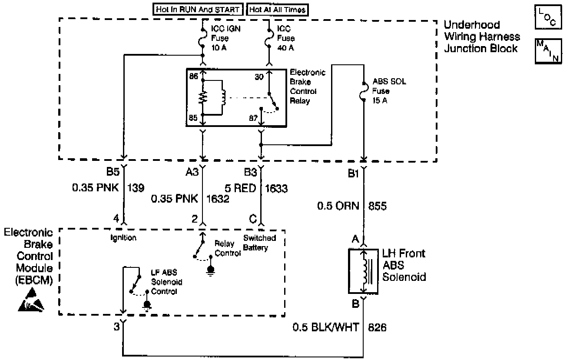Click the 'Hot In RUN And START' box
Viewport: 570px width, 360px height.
[x=199, y=10]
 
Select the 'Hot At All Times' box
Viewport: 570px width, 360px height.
[x=278, y=10]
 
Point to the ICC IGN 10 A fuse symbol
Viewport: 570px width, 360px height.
[x=203, y=38]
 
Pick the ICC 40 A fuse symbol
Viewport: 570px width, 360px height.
[x=269, y=38]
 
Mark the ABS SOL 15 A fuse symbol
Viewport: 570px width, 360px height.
[x=364, y=92]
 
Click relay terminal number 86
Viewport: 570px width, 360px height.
[x=193, y=76]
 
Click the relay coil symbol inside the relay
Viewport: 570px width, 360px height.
[x=223, y=98]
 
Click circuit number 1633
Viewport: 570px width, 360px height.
[x=276, y=189]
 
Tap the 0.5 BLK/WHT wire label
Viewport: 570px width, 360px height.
[x=326, y=327]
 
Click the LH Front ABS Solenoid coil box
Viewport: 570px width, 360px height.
[x=363, y=271]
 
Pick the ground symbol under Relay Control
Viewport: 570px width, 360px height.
[x=211, y=270]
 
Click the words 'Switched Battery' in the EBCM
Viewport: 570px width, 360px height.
[x=259, y=243]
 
